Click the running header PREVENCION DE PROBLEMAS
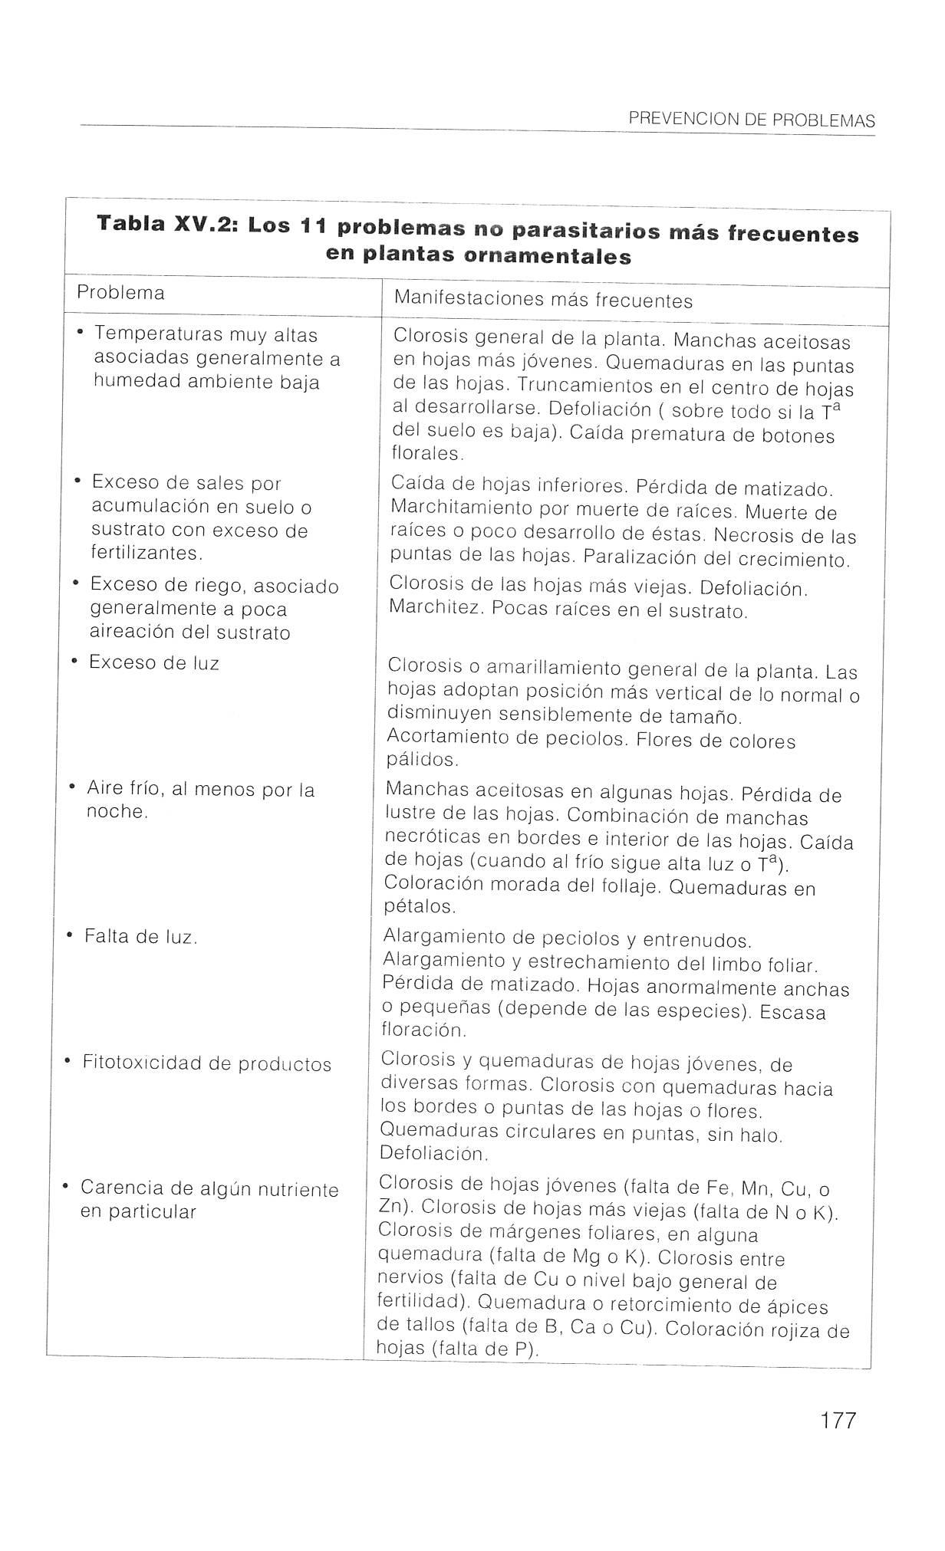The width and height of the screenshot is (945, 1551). (751, 120)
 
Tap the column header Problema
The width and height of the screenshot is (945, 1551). (120, 293)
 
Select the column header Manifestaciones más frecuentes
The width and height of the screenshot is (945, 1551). (543, 300)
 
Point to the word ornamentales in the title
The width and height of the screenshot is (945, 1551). (548, 256)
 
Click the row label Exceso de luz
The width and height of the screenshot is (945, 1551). (153, 662)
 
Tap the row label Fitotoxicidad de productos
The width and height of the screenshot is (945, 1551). (206, 1064)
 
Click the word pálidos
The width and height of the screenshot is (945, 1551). (422, 761)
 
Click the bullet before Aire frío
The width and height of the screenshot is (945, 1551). (71, 787)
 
